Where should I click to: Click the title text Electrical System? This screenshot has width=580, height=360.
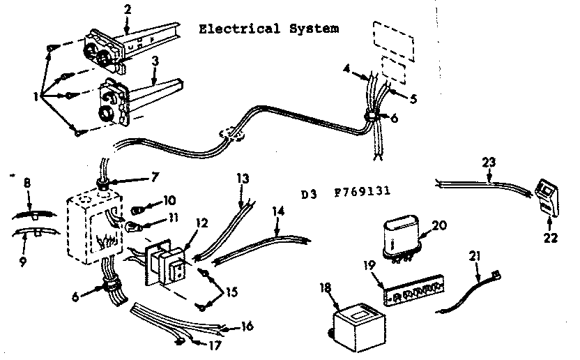(268, 29)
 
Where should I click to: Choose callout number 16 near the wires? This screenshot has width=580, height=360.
(248, 327)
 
